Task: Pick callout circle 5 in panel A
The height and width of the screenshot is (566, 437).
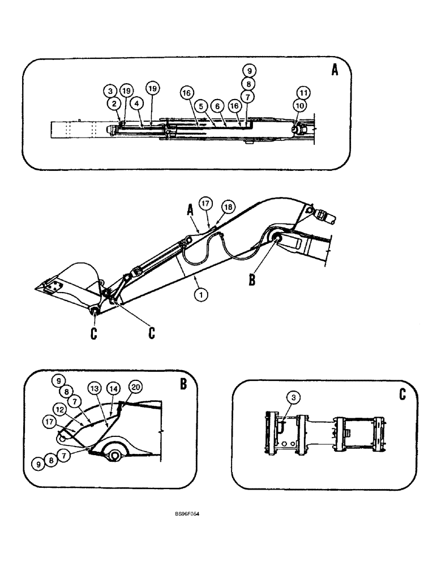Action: [200, 105]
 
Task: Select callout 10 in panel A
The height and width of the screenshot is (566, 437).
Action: [301, 105]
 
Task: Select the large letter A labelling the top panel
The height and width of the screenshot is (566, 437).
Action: [335, 72]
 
